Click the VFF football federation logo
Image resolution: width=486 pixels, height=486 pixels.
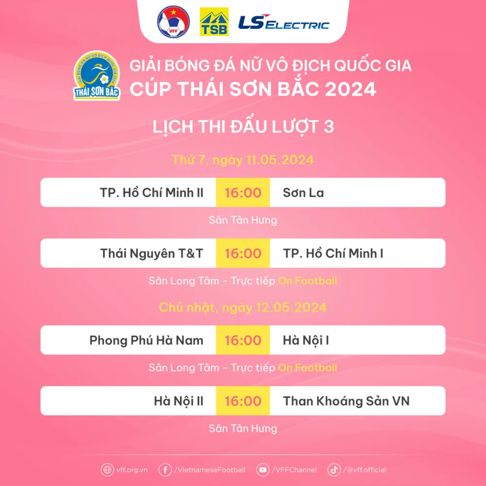[174, 22]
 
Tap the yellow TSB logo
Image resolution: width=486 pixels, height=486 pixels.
[214, 22]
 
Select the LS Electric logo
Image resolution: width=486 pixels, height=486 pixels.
[284, 22]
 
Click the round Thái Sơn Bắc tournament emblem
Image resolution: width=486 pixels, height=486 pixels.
[97, 76]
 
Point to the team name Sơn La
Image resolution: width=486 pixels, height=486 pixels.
[303, 193]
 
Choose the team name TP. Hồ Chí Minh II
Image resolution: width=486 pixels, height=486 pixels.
[152, 193]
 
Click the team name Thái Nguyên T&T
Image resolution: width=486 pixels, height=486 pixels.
[152, 254]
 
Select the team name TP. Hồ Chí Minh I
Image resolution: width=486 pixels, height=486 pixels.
[333, 254]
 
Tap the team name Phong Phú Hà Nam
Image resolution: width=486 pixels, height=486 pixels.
[146, 340]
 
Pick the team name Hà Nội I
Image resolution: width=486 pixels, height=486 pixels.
[306, 340]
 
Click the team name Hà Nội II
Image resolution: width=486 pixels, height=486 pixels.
[178, 401]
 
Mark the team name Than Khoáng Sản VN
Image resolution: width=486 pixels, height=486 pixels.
[346, 401]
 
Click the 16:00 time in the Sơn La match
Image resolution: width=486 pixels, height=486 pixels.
[243, 193]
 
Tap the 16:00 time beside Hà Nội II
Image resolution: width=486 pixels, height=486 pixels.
[243, 401]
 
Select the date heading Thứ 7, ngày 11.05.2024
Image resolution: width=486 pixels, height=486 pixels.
[243, 160]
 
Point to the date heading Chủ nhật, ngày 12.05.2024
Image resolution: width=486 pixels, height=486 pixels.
[243, 308]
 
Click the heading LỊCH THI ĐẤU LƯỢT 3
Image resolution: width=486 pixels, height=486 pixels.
[243, 126]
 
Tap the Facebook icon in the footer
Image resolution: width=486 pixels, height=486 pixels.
[165, 470]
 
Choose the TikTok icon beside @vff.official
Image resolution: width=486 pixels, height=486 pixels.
[334, 470]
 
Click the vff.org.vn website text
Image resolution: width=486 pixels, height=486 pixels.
[132, 470]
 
